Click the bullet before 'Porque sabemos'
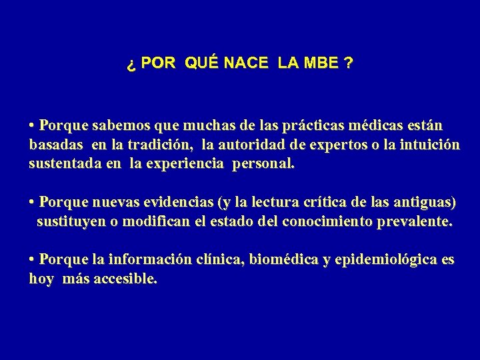(x=32, y=125)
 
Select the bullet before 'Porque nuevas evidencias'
(x=32, y=202)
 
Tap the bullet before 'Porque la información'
(x=32, y=260)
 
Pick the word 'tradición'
(x=161, y=145)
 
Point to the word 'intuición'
(x=428, y=145)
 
